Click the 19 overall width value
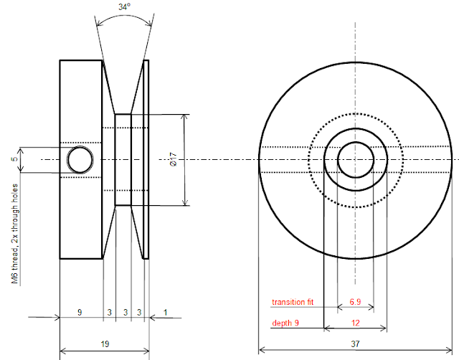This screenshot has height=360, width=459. (105, 345)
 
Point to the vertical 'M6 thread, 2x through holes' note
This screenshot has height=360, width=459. (14, 233)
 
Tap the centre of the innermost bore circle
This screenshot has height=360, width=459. (355, 158)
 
